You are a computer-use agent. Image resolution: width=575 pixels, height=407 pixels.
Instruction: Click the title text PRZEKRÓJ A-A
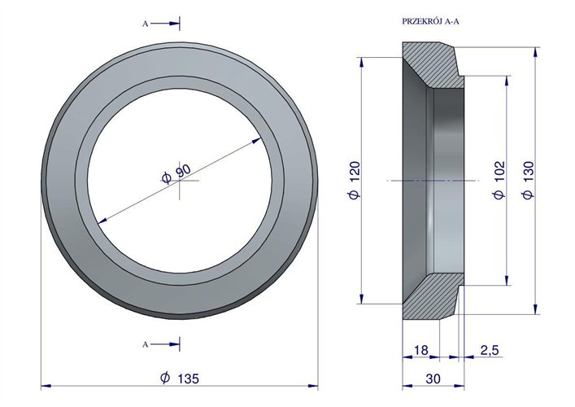[430, 21]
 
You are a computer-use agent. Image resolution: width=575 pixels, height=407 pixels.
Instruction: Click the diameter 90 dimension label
[176, 173]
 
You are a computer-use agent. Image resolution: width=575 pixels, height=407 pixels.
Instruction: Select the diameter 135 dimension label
[180, 378]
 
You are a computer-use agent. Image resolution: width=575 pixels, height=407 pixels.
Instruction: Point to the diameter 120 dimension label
[355, 180]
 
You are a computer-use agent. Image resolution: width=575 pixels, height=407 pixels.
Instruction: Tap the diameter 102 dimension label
[499, 180]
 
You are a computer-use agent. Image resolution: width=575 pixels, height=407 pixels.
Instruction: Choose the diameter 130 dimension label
[529, 180]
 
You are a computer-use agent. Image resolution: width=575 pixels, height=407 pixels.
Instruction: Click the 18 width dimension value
[421, 350]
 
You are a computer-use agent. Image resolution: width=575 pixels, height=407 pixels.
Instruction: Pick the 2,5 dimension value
[490, 350]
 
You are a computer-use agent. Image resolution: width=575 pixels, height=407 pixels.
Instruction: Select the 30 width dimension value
[433, 379]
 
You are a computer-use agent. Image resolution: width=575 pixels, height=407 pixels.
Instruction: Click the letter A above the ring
[146, 24]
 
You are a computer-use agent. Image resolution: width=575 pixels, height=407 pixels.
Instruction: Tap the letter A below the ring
[146, 344]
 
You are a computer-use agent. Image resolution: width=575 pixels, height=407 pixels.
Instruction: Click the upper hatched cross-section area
[432, 65]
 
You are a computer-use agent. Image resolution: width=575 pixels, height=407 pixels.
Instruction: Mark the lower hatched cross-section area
[432, 295]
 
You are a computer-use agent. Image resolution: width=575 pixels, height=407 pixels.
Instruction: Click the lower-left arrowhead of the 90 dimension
[102, 221]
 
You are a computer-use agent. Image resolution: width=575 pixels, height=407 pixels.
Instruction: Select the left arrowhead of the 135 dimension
[46, 386]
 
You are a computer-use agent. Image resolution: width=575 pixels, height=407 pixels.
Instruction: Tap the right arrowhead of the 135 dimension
[313, 386]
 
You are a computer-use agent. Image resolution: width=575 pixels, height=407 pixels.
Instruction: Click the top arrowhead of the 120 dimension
[362, 62]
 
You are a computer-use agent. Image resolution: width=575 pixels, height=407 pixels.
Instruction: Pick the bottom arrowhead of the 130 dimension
[535, 309]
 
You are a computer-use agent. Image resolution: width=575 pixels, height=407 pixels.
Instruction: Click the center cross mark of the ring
[179, 181]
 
